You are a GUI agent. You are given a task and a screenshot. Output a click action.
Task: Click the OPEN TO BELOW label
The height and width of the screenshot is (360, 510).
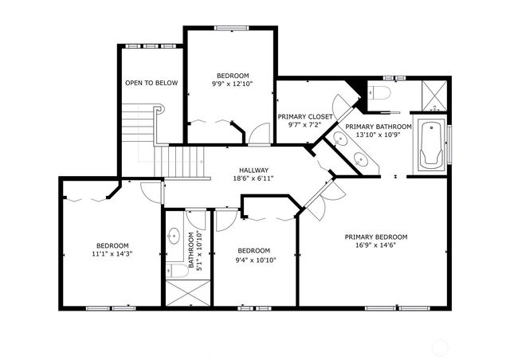pyautogui.click(x=151, y=83)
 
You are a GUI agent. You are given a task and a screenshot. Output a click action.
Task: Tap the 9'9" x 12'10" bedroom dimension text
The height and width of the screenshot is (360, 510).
pyautogui.click(x=232, y=84)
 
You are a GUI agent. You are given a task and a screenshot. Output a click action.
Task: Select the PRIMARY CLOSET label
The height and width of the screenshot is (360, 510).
pyautogui.click(x=305, y=116)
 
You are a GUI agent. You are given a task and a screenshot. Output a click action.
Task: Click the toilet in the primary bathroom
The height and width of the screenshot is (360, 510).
pyautogui.click(x=380, y=94)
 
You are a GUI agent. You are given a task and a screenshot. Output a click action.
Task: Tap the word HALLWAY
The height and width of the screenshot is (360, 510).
pyautogui.click(x=253, y=170)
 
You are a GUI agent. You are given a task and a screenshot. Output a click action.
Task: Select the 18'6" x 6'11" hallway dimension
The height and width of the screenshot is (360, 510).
pyautogui.click(x=253, y=178)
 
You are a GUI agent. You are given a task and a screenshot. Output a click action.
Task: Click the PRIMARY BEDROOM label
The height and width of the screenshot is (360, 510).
pyautogui.click(x=376, y=237)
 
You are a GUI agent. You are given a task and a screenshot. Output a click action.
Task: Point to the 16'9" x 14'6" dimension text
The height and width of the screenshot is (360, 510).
pyautogui.click(x=376, y=246)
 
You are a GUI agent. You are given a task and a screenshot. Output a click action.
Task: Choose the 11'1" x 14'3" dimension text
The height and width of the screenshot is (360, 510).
pyautogui.click(x=112, y=254)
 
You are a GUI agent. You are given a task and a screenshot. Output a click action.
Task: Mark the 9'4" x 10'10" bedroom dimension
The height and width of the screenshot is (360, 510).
pyautogui.click(x=255, y=259)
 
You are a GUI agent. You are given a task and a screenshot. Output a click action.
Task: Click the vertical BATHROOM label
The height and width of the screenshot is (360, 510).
pyautogui.click(x=191, y=251)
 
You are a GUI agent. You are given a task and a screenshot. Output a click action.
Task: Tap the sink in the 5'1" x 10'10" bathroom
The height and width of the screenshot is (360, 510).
pyautogui.click(x=174, y=237)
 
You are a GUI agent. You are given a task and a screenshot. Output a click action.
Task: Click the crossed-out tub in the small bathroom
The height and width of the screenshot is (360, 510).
pyautogui.click(x=187, y=294)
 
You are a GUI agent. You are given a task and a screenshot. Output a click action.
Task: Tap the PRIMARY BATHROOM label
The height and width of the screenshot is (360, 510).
pyautogui.click(x=379, y=127)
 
